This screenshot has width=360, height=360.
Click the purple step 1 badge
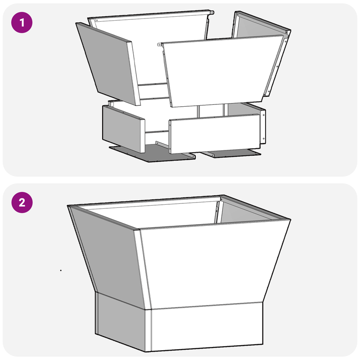(22, 22)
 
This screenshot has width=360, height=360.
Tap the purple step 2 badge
(22, 202)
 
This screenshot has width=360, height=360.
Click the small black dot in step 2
(61, 270)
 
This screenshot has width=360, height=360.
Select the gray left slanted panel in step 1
(108, 64)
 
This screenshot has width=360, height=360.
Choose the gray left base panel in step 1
(123, 129)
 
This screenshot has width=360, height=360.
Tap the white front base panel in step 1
(215, 134)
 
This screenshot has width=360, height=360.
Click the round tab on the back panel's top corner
(211, 13)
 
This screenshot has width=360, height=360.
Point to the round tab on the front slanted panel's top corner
(159, 44)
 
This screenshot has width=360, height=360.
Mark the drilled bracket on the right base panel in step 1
(263, 127)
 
